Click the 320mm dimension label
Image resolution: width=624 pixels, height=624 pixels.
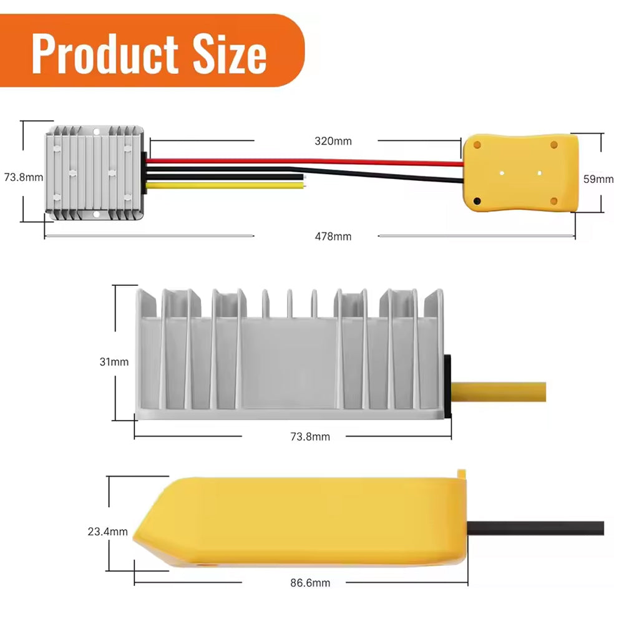click(333, 141)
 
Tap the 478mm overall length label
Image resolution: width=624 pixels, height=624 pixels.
click(333, 236)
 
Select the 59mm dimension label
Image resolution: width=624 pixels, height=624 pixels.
click(598, 179)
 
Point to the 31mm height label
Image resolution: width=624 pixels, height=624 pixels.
click(114, 362)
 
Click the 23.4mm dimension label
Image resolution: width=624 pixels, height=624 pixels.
click(108, 532)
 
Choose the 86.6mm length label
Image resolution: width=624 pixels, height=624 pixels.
click(310, 583)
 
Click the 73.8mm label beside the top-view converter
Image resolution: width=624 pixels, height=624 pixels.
click(24, 177)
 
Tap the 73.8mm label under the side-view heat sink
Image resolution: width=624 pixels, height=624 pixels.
click(310, 437)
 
